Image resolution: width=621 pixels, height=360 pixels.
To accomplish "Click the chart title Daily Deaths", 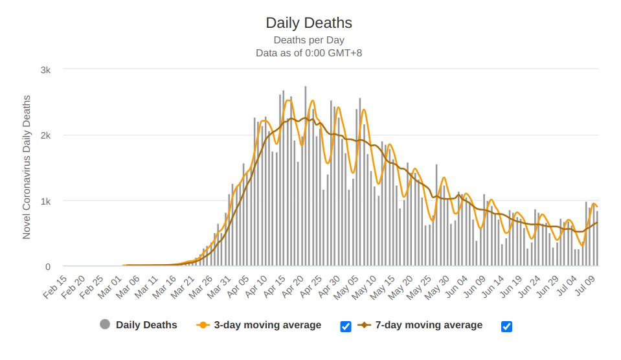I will point(309,23).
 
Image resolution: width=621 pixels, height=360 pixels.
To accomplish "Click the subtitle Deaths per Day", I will point(309,40).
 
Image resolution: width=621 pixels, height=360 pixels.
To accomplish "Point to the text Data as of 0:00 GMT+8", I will point(309,53).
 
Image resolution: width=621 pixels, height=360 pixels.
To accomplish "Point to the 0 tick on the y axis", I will point(48,266).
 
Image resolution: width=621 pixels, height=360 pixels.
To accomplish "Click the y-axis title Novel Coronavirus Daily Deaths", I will point(27,167).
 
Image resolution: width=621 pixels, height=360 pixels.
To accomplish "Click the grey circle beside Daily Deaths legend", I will point(105,325).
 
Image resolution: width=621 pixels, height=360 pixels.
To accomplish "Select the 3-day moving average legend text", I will point(267,325).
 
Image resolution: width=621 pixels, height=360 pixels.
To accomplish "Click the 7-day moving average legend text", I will point(429,325).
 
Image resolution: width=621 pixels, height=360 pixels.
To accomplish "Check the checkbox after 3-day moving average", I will point(346,326).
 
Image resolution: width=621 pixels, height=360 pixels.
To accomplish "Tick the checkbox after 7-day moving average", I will point(506,326).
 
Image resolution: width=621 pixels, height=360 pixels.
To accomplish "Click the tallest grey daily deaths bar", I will point(306,176).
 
